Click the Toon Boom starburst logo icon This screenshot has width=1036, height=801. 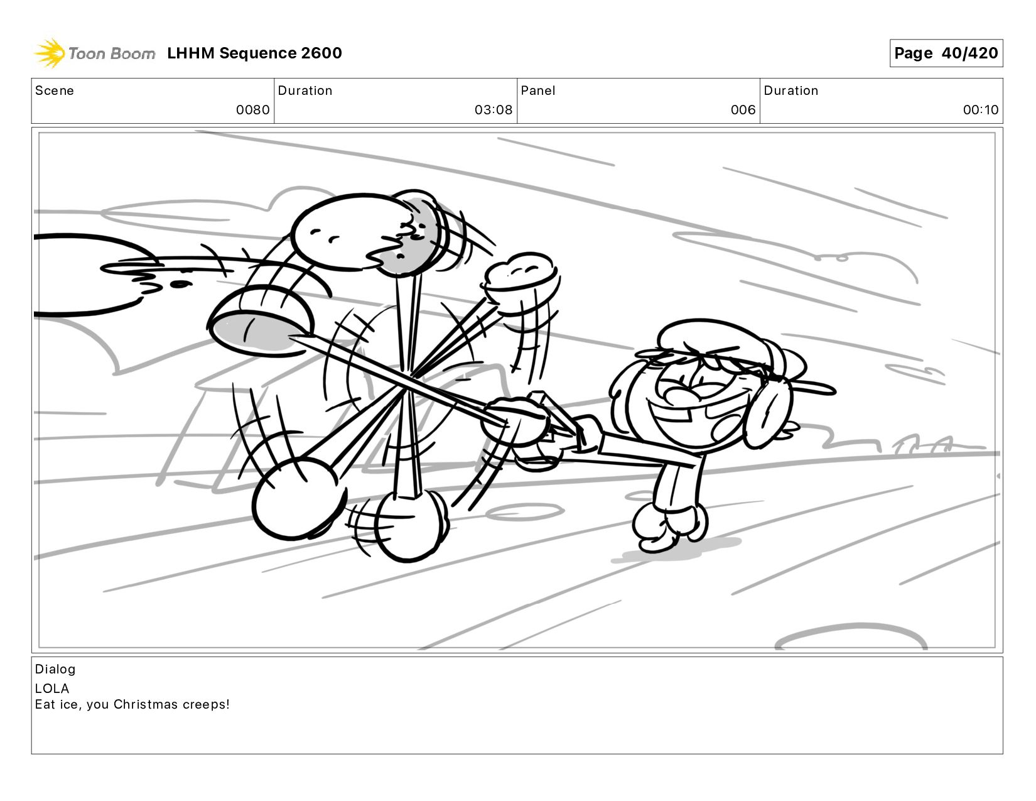click(50, 53)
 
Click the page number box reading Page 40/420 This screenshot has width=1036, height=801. click(946, 53)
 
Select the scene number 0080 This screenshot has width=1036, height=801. click(252, 110)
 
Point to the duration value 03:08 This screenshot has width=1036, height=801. click(494, 110)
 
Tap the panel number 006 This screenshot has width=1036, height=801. click(743, 110)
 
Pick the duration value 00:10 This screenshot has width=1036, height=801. click(981, 110)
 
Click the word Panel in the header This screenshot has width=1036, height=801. click(538, 90)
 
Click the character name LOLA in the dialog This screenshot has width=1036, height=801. click(52, 689)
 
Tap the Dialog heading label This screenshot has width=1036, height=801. click(55, 669)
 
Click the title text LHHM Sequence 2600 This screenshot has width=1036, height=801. click(254, 53)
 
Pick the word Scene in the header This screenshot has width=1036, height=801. click(55, 90)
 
